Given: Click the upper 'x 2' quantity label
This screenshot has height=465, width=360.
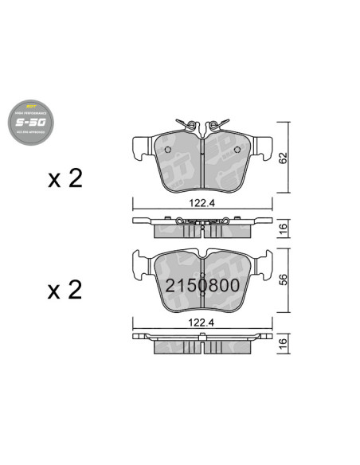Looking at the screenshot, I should click(x=65, y=178).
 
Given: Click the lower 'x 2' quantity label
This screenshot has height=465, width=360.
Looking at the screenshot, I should click(x=65, y=290).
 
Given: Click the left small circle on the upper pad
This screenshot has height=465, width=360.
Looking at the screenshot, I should click(x=170, y=153).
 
